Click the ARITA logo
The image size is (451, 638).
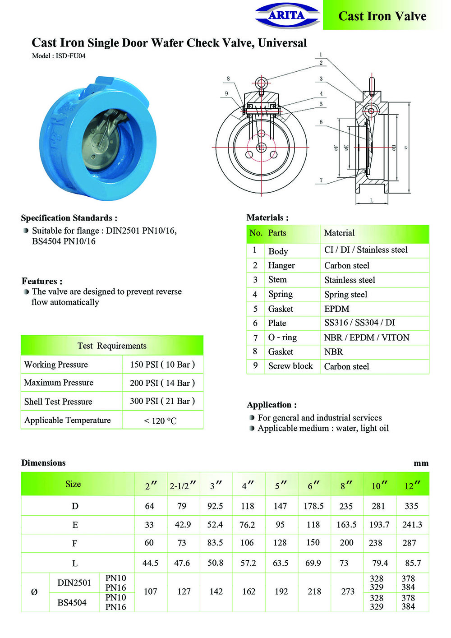point(287,15)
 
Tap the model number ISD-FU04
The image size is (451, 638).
point(59,56)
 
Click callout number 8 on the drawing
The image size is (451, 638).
point(228,79)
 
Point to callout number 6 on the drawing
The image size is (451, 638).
point(321,122)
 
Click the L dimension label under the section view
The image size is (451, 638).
point(372,200)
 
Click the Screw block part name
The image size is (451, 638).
point(290,366)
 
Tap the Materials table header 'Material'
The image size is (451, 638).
point(339,233)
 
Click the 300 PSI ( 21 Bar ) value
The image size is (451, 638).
point(162,401)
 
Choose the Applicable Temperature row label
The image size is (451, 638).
point(68,421)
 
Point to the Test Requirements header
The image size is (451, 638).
point(112,346)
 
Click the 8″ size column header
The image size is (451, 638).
point(346,485)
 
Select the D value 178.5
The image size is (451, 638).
point(313,506)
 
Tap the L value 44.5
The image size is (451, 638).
point(150,563)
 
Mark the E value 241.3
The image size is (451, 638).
point(412,525)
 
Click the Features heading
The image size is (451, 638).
point(42,281)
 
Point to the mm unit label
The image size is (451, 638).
point(421,463)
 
